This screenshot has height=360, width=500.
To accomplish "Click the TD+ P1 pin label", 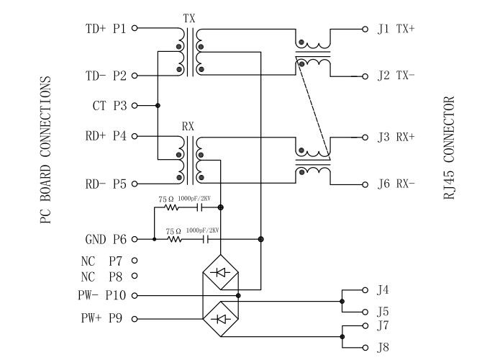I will (106, 29).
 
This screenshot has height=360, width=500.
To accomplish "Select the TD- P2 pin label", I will (106, 76).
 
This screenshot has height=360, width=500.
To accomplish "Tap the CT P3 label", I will (109, 106).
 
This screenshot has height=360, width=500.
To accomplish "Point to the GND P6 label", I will (106, 239).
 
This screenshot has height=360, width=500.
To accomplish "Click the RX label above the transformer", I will (188, 125).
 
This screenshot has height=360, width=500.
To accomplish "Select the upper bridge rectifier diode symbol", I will (220, 272).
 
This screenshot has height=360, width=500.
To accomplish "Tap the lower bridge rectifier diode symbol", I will (220, 318).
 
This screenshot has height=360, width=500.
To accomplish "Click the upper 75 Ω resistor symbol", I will (171, 207).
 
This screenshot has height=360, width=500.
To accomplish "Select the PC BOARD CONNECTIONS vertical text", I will (45, 151).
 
